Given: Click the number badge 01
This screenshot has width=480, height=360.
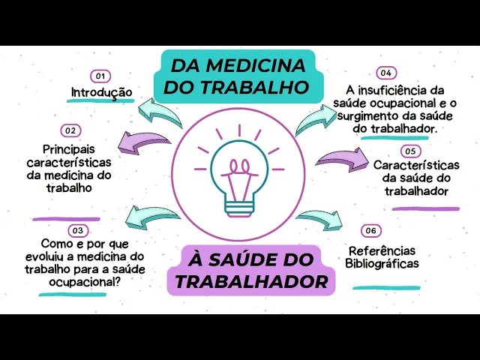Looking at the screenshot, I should point(100,76).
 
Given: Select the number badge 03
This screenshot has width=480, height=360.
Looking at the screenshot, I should point(77,230).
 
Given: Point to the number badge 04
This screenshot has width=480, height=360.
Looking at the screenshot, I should point(385,73).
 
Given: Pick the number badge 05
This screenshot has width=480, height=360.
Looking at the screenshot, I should point(410,151).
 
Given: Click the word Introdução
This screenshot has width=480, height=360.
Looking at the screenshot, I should point(102,93).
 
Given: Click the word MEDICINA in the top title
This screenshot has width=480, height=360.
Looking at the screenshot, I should point(260,64).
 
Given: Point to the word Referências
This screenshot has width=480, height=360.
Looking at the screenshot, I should point(382,250).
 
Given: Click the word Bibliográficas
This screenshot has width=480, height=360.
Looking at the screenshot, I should point(382,263).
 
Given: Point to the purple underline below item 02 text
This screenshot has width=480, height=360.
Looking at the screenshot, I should point(67,218).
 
